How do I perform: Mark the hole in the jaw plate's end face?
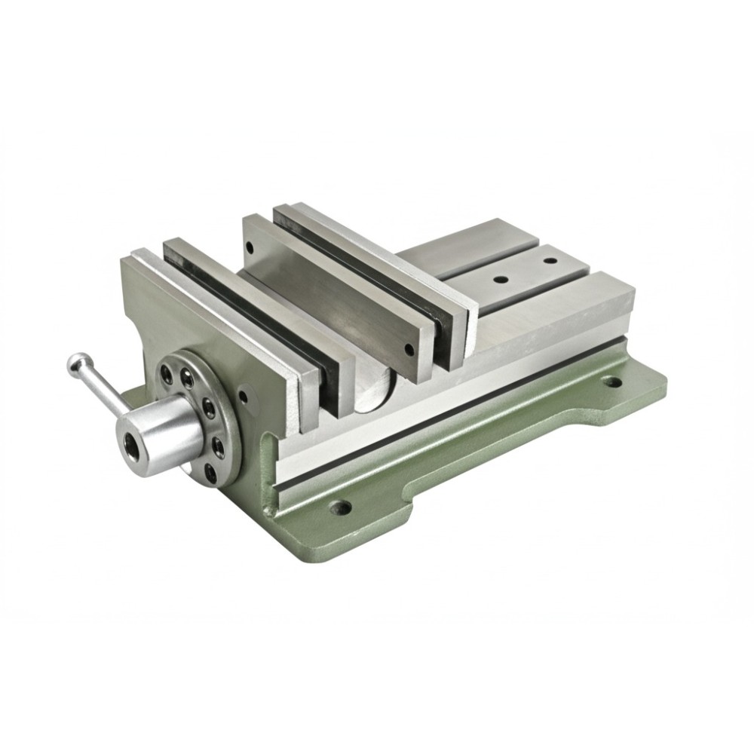tap(409, 349)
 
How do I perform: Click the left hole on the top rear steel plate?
tap(498, 279)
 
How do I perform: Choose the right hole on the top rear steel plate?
tap(550, 262)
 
